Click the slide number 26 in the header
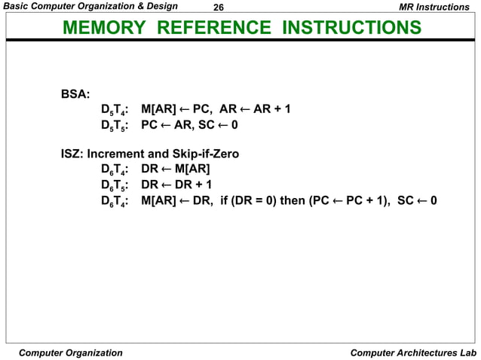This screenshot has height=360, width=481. (x=219, y=7)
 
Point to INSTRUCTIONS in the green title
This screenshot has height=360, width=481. (x=352, y=29)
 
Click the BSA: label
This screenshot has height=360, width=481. (x=75, y=95)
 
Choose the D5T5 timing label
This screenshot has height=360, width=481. (x=113, y=125)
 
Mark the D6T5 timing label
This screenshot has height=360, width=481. (x=113, y=185)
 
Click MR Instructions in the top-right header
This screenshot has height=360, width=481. (x=433, y=7)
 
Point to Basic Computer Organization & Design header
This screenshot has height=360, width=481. (x=90, y=7)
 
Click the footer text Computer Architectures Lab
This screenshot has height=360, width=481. (x=414, y=352)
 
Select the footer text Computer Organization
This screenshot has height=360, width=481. (x=70, y=352)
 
